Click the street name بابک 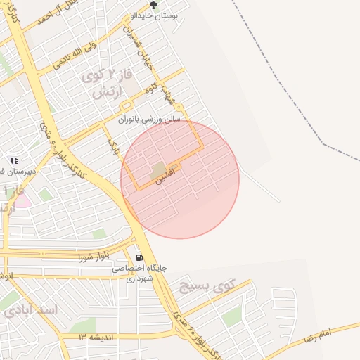coord(113,146)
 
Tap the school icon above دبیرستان coord(14,160)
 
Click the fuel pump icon coord(139,257)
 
